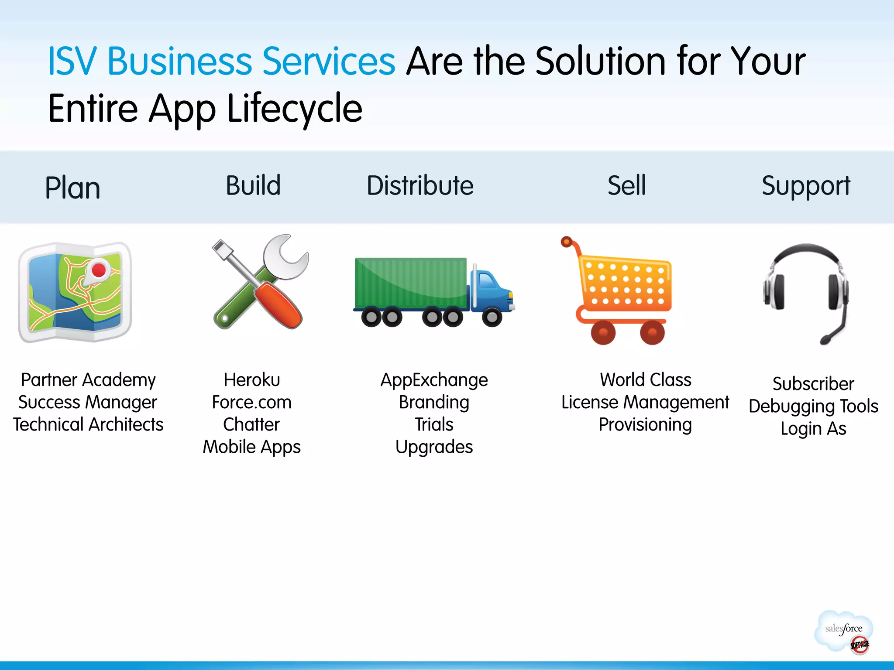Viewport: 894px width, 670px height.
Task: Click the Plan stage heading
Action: [x=72, y=188]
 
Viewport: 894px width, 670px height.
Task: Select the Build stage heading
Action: [x=253, y=185]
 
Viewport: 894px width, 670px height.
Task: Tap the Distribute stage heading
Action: [x=420, y=185]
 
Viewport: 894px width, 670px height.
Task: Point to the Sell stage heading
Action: [x=626, y=185]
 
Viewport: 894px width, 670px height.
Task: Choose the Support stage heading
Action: [x=806, y=186]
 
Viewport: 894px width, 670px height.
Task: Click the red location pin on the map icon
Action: [x=99, y=270]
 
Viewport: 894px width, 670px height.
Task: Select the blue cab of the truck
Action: [x=491, y=290]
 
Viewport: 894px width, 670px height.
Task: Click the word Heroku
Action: [x=252, y=380]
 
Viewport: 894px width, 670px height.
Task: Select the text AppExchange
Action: [x=434, y=380]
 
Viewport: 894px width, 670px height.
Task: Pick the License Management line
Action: [x=645, y=402]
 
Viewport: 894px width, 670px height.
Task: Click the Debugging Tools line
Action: [x=813, y=406]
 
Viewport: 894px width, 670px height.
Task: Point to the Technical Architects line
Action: [x=88, y=424]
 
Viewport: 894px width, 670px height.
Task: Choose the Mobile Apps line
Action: [x=252, y=447]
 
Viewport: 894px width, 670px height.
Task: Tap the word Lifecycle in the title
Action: [x=295, y=109]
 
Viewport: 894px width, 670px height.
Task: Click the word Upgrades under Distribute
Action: [x=434, y=447]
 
